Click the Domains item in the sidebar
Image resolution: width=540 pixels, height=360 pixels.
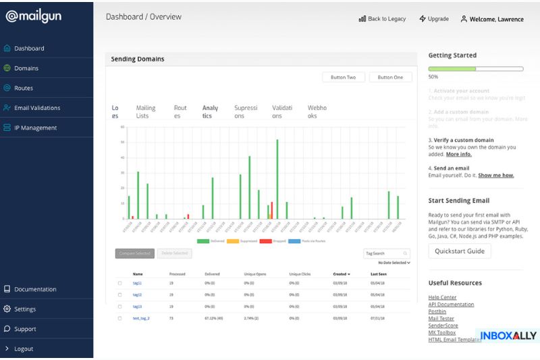[26, 68]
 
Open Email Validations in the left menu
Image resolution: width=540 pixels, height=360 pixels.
[36, 108]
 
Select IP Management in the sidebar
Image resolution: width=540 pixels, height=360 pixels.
[35, 128]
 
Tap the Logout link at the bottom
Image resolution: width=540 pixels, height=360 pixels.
[24, 349]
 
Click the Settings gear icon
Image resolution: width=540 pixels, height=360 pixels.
[7, 309]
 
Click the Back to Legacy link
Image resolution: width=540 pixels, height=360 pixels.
[382, 19]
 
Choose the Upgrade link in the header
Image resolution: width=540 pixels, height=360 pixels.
[433, 19]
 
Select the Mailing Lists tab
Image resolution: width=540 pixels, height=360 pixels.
[146, 111]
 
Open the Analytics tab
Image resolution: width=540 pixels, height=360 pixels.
[210, 111]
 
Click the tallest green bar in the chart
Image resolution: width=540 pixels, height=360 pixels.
[277, 179]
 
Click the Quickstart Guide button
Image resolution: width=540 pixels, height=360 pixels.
[459, 251]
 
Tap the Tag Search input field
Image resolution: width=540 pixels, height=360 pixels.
[386, 253]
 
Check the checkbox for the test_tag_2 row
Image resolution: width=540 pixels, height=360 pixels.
[120, 318]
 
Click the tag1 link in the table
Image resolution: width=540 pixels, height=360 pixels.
[137, 283]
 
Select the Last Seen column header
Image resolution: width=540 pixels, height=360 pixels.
[379, 274]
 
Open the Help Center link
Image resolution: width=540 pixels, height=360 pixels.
[442, 297]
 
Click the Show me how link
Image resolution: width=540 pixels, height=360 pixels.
[495, 176]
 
